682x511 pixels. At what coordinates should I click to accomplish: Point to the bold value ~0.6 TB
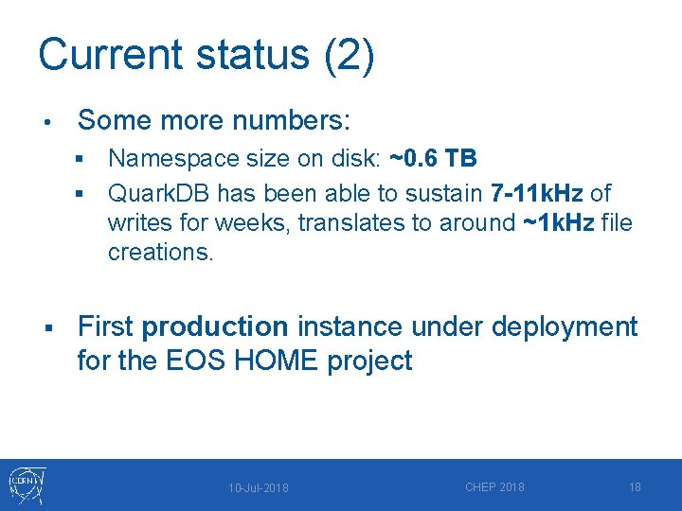[x=433, y=158]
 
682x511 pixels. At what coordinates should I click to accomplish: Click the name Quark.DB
[x=159, y=193]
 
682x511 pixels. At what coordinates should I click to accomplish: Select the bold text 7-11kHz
[x=537, y=193]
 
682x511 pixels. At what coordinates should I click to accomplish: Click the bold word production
[x=214, y=326]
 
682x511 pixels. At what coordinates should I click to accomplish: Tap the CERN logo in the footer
[x=27, y=485]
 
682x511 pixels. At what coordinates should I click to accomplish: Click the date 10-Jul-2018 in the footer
[x=259, y=488]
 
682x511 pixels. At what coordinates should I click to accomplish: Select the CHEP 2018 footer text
[x=494, y=487]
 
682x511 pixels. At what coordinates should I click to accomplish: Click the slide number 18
[x=635, y=487]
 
